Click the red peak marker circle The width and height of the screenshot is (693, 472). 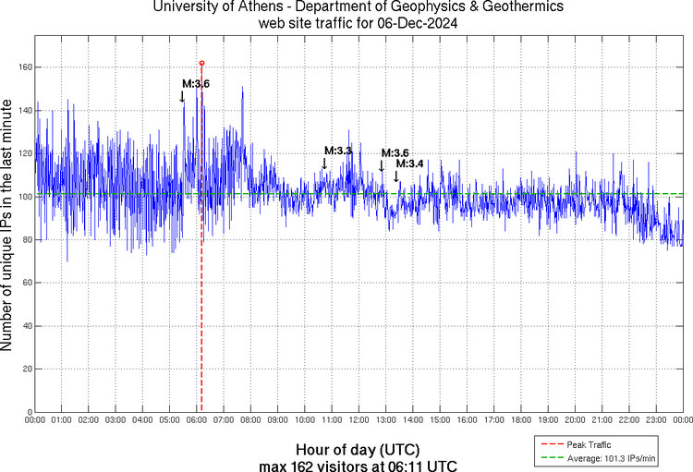point(201,63)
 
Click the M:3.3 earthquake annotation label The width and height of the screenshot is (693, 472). point(337,150)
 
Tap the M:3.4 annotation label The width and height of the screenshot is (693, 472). point(409,163)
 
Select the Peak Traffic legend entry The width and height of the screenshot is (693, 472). point(590,445)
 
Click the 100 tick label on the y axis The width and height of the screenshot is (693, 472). point(25,197)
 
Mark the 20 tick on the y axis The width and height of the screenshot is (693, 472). point(28,369)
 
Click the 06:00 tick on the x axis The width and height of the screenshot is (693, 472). point(197,420)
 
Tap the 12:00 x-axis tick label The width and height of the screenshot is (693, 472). point(359,420)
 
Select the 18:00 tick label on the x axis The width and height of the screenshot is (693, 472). point(520,420)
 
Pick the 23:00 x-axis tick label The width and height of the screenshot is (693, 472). point(655,420)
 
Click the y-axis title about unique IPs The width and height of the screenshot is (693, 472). point(8,226)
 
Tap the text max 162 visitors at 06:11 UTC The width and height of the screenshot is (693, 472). point(358,465)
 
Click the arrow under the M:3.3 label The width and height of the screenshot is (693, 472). point(324,163)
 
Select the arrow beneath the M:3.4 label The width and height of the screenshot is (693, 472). point(396,176)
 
